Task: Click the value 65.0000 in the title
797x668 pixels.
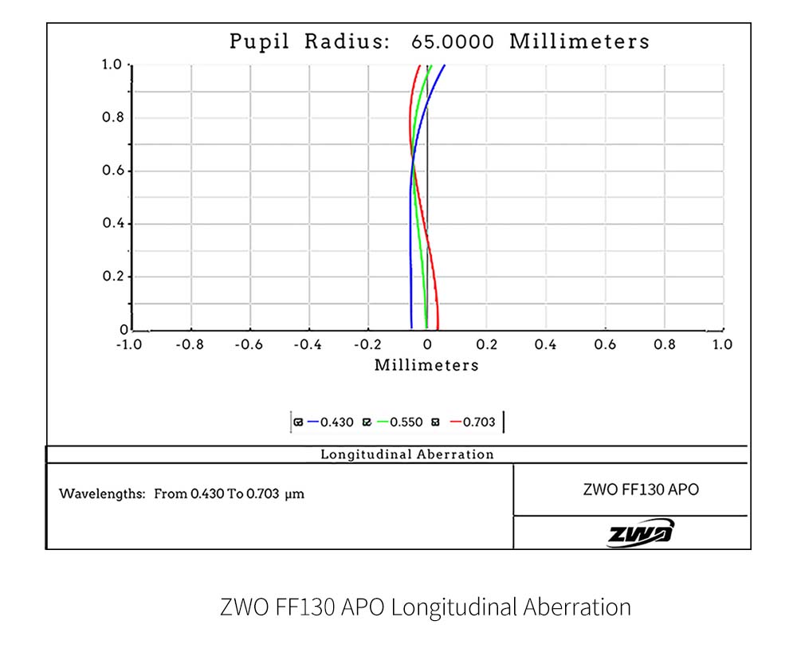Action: tap(452, 41)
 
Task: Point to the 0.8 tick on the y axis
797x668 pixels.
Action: tap(117, 118)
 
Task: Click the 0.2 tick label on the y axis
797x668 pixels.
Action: tap(117, 277)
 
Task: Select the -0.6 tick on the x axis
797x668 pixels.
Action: tap(249, 345)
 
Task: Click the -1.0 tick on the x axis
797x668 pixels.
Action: tap(129, 345)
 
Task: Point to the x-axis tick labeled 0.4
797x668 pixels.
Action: tap(546, 345)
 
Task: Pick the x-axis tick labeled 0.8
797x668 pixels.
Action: tap(664, 345)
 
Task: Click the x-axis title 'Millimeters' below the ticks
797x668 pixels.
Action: tap(426, 365)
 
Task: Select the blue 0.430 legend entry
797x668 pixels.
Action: tap(331, 422)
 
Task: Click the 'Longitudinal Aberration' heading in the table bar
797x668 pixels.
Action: tap(406, 454)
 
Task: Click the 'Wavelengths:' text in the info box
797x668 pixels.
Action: tap(101, 494)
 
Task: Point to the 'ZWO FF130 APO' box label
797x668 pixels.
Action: tap(630, 489)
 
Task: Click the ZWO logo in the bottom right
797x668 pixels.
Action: tap(640, 532)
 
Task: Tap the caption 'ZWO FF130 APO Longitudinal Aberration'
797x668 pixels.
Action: tap(425, 607)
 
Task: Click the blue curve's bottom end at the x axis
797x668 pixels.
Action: tap(411, 327)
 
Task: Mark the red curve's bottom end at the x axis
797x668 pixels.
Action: tap(438, 327)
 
